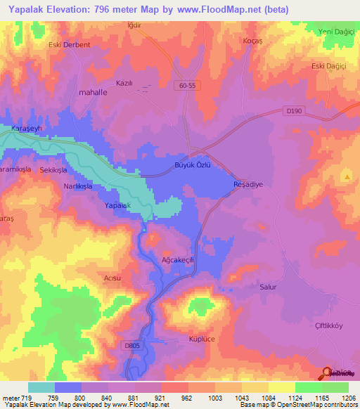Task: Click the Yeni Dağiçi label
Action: (335, 32)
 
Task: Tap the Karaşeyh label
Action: (27, 127)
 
